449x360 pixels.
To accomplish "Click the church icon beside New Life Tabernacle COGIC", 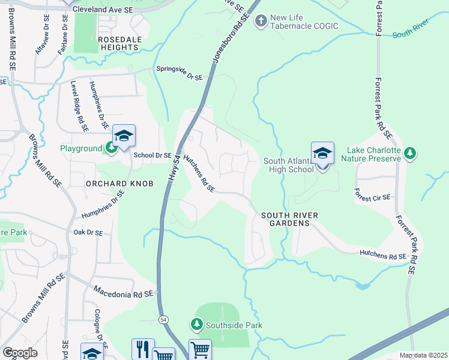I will click(x=261, y=22).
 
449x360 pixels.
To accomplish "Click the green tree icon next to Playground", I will click(x=111, y=147).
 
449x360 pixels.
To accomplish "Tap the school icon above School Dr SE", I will click(x=124, y=136).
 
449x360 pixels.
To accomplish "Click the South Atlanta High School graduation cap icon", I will click(x=322, y=153).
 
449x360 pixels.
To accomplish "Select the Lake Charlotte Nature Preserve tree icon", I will click(x=410, y=154).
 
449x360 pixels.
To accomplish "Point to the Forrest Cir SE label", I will click(x=372, y=196).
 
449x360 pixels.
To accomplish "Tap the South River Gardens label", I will click(x=285, y=219).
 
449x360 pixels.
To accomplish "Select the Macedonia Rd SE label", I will click(x=124, y=292).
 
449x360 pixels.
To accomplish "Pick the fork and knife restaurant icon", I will click(x=142, y=349).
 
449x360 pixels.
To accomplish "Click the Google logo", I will click(x=20, y=353).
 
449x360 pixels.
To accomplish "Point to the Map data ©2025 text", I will click(x=423, y=355).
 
